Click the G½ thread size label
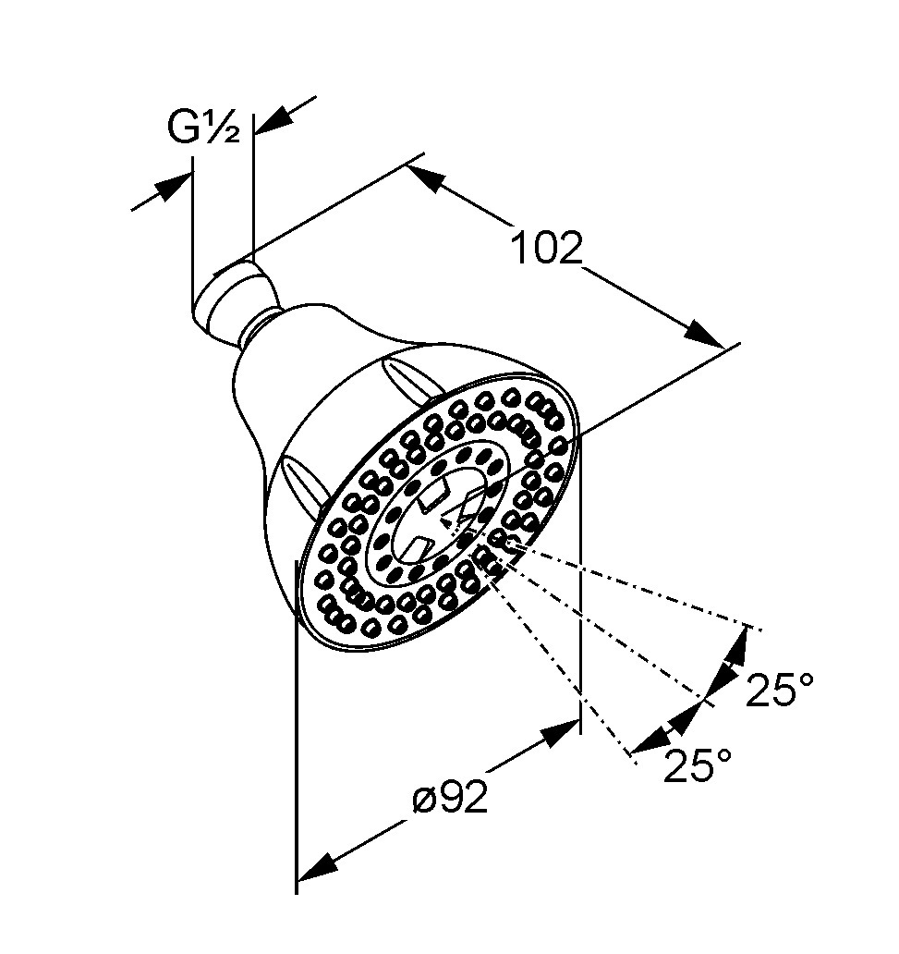(x=204, y=128)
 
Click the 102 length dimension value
(x=546, y=248)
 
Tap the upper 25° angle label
(x=780, y=690)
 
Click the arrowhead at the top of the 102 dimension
(x=425, y=177)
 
